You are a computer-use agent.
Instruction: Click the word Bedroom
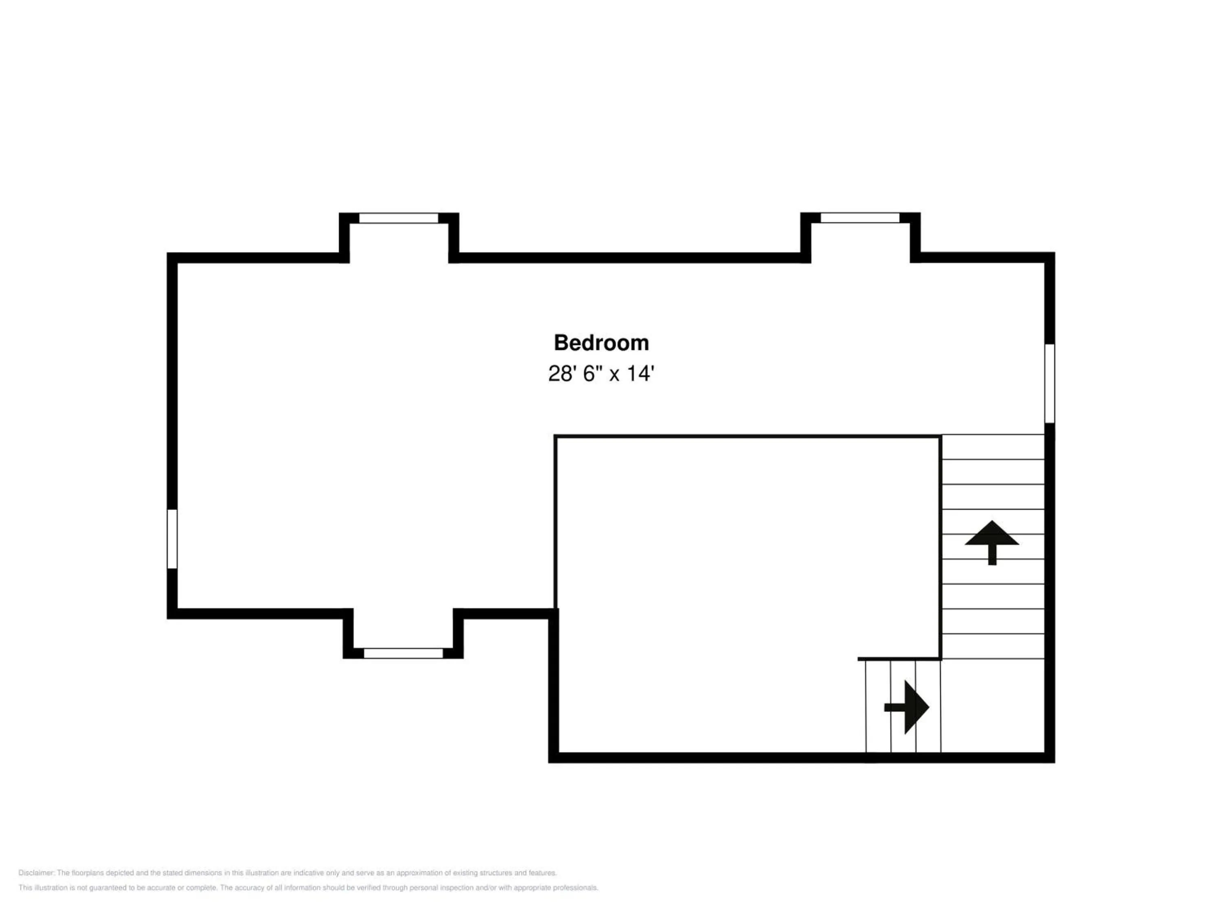coord(601,343)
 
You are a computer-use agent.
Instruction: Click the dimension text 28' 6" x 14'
coord(601,374)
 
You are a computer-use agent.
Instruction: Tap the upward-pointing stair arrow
coord(991,541)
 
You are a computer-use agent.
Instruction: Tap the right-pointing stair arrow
coord(908,707)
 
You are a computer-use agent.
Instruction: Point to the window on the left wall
coord(172,539)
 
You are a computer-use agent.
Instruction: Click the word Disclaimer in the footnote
coord(36,873)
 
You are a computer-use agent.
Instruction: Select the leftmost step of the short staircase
coord(878,706)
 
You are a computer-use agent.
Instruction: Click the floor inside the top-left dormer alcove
coord(398,243)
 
